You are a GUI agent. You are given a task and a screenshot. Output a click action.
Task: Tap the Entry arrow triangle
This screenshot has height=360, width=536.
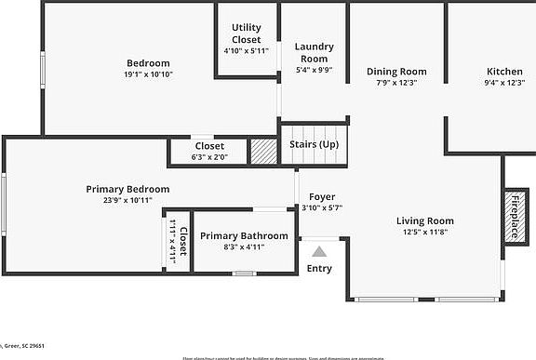click(x=319, y=250)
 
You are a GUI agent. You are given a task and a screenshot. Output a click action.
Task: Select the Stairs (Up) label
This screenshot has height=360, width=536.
click(x=315, y=145)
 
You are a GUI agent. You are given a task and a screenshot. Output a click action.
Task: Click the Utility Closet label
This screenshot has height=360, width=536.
click(x=246, y=33)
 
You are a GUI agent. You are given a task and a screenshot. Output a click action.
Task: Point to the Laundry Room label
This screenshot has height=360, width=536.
click(x=314, y=52)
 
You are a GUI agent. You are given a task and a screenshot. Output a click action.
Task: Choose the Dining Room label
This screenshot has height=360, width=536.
click(x=396, y=71)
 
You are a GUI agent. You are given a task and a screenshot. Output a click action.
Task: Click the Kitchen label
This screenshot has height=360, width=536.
click(x=505, y=71)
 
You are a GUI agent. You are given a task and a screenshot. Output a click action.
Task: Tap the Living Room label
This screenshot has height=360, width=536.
click(x=425, y=220)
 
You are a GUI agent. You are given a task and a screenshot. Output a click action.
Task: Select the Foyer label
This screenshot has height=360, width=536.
click(x=322, y=196)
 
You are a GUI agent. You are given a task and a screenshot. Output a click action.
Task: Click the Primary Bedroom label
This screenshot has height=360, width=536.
click(x=127, y=189)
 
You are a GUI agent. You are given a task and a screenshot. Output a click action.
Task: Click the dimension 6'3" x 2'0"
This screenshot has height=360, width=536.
click(x=209, y=157)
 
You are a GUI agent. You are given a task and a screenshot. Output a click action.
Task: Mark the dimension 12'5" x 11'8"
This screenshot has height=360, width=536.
click(x=424, y=232)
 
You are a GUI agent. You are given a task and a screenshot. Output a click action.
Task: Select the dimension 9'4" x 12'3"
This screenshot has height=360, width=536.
click(x=505, y=83)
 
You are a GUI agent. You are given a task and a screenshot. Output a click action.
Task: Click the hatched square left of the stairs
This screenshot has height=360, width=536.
click(x=264, y=152)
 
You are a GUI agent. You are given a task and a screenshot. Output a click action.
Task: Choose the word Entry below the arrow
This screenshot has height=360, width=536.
click(x=319, y=269)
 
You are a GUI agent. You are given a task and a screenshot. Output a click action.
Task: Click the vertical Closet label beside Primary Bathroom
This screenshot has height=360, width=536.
click(x=183, y=241)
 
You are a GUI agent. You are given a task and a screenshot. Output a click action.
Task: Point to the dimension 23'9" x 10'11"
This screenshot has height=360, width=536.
click(x=127, y=200)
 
